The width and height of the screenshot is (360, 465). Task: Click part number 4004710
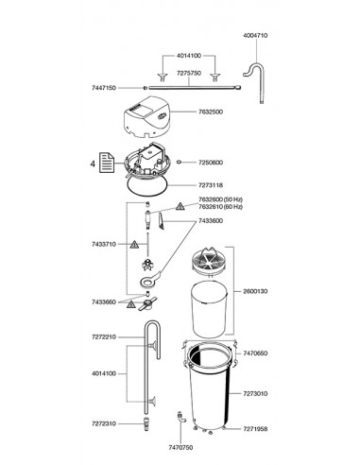(x=255, y=35)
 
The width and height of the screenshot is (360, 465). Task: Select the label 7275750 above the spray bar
(x=189, y=73)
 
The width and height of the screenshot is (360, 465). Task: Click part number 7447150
(x=104, y=88)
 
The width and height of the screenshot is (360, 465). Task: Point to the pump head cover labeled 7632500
(x=146, y=117)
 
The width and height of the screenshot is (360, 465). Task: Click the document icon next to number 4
(x=107, y=163)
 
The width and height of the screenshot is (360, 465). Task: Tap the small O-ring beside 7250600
(x=179, y=163)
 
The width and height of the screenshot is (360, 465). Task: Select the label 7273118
(x=211, y=185)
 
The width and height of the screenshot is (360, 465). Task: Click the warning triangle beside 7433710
(x=134, y=245)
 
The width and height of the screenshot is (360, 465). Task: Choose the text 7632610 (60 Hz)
(x=220, y=207)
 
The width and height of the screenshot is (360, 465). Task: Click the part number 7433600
(x=211, y=221)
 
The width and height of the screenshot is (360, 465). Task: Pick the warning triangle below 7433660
(x=130, y=304)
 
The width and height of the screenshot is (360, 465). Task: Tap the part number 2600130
(x=255, y=291)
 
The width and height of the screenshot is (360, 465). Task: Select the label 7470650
(x=255, y=353)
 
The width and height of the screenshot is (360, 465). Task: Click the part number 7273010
(x=255, y=393)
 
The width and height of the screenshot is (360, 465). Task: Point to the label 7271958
(x=255, y=429)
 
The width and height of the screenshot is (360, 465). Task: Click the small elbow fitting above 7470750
(x=181, y=417)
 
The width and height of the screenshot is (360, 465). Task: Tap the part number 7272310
(x=104, y=424)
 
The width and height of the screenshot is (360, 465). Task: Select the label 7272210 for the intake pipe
(x=104, y=337)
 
